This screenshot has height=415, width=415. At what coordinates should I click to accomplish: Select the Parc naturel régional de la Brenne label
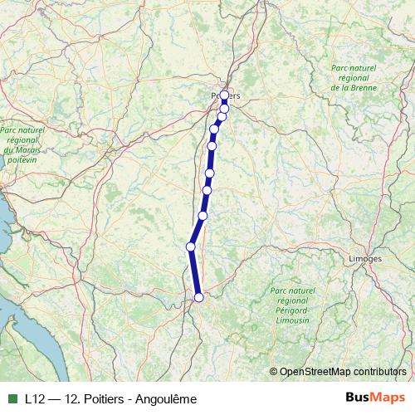coord(354,77)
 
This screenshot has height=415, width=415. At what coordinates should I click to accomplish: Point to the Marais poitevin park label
coord(22,145)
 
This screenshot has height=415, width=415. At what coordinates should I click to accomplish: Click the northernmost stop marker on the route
coord(224,95)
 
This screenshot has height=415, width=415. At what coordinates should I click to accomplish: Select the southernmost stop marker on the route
coord(198,297)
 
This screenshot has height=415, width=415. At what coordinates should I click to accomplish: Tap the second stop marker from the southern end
coord(191,247)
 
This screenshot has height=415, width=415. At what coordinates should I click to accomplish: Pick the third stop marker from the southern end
coord(203,216)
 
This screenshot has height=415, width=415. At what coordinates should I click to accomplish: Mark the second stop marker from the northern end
coord(224,108)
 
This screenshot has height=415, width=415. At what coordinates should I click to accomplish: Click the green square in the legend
coord(12,398)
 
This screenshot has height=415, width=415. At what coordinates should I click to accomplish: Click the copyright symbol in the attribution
coord(274,372)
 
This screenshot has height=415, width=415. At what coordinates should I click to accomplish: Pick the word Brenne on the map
coord(364,87)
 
